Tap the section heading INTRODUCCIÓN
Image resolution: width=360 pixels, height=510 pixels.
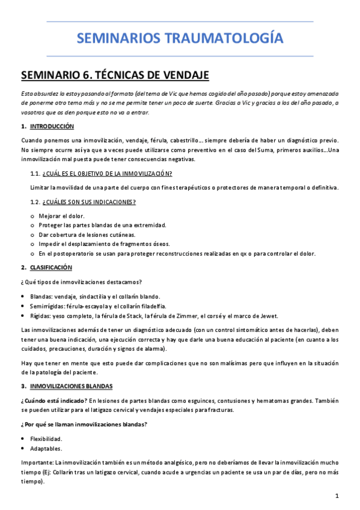[x=52, y=126]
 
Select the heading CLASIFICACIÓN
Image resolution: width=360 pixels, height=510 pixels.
[x=51, y=267]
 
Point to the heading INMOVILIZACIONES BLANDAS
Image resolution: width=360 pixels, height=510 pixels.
[x=75, y=385]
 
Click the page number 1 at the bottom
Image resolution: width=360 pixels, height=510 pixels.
[x=337, y=496]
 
